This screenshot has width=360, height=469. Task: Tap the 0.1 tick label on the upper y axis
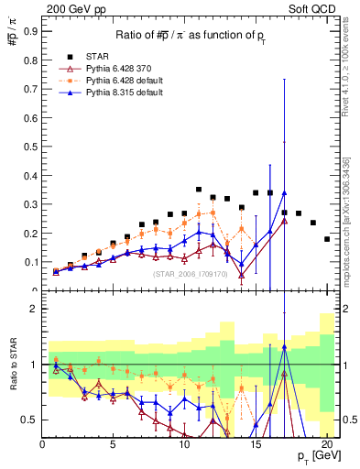[x=32, y=261]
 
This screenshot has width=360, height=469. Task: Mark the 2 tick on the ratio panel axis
[x=34, y=310]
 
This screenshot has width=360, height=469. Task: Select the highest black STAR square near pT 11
[x=199, y=190]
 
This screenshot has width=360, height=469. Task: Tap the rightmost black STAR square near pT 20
[x=327, y=239]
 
